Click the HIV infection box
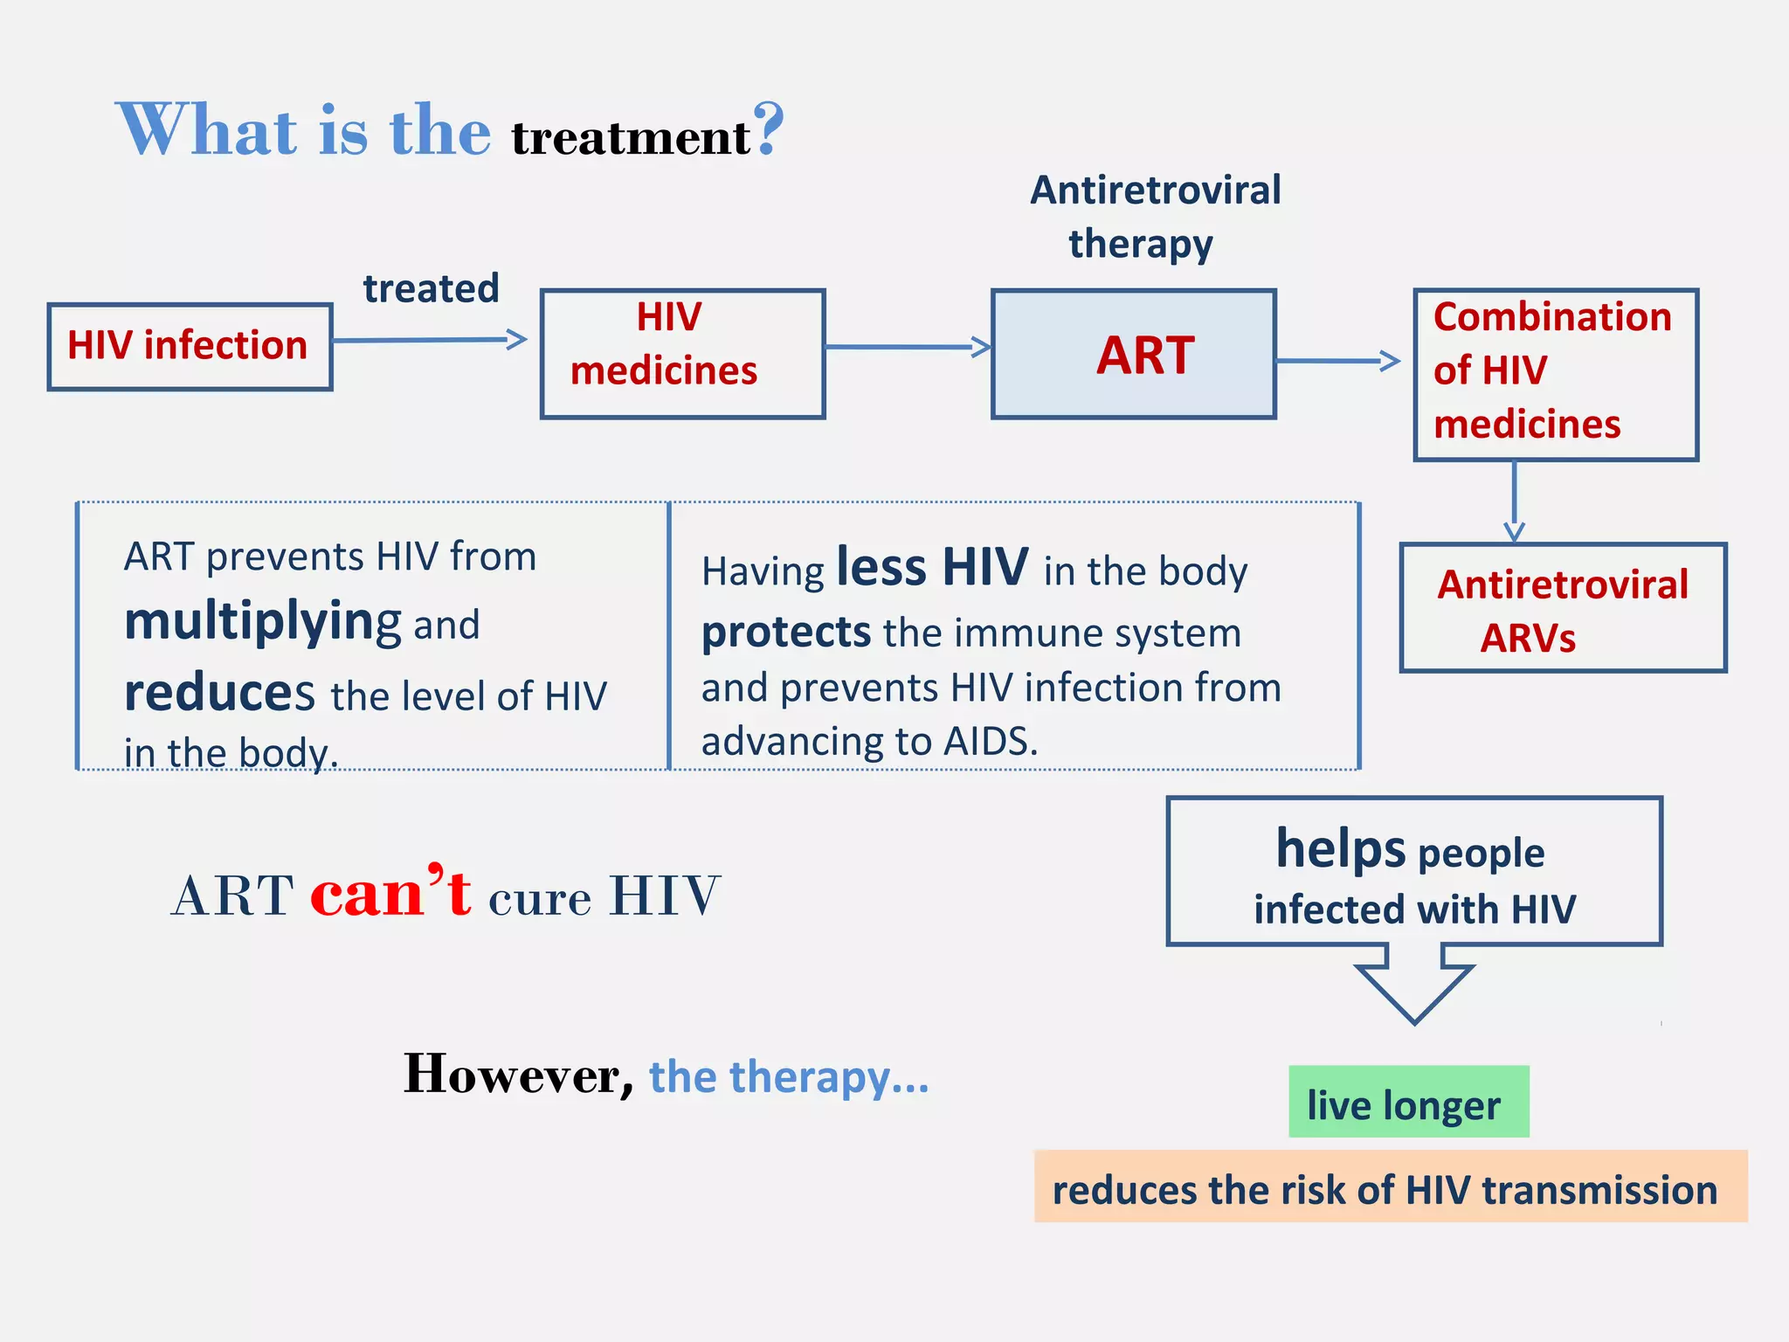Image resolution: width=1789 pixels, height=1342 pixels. coord(190,347)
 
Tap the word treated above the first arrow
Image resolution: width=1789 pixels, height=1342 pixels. coord(431,288)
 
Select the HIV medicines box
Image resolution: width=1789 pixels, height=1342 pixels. coord(682,354)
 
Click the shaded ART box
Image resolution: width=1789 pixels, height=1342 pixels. coord(1133,355)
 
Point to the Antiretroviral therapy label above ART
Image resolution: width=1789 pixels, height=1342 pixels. coord(1154,216)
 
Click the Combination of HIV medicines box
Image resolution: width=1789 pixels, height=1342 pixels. coord(1555,374)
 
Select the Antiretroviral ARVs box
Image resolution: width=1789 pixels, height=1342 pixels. coord(1562,608)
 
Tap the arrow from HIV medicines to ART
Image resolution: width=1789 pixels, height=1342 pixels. coord(908,347)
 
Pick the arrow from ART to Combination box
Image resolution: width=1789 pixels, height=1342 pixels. coord(1337,360)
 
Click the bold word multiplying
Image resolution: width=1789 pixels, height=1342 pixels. coord(262,622)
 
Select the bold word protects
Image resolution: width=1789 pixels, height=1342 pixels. coord(785,632)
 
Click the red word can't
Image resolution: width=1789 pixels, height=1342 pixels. coord(390,893)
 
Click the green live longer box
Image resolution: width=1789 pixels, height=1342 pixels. coord(1408,1102)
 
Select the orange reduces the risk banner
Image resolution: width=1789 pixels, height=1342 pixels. coord(1390,1186)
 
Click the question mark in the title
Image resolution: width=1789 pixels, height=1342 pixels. coord(769,129)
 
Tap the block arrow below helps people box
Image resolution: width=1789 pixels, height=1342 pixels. coord(1413,988)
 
